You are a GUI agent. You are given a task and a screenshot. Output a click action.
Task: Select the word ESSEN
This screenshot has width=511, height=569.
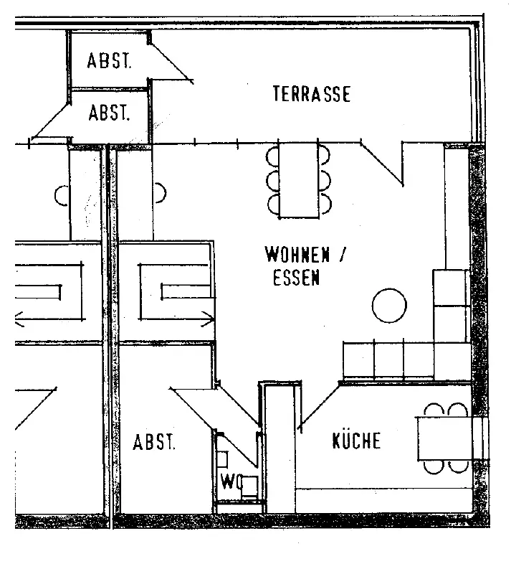pyautogui.click(x=296, y=278)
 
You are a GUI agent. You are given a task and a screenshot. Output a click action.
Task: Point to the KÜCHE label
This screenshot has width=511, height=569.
pyautogui.click(x=356, y=441)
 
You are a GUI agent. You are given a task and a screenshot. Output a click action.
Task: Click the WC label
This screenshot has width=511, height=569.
pyautogui.click(x=229, y=479)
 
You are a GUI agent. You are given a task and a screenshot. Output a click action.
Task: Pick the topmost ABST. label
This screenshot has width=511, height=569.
pyautogui.click(x=109, y=61)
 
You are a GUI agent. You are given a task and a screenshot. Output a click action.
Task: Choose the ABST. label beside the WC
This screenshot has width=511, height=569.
pyautogui.click(x=153, y=442)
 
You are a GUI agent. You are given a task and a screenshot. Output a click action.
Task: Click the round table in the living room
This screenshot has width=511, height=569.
pyautogui.click(x=389, y=306)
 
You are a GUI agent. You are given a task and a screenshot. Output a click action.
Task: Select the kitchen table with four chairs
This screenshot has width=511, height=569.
pyautogui.click(x=443, y=438)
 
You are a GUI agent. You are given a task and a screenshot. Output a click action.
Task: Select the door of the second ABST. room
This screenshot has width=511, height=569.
pyautogui.click(x=52, y=118)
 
